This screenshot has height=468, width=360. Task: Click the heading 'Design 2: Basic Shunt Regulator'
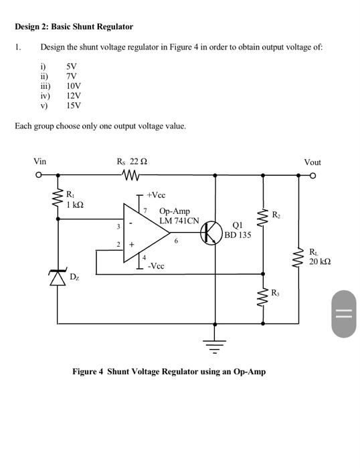[x=74, y=27]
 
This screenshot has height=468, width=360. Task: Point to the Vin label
[x=40, y=162]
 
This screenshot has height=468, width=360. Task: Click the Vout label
[x=312, y=162]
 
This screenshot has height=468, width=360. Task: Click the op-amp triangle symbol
[x=144, y=231]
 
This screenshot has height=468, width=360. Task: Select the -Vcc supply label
[x=156, y=265]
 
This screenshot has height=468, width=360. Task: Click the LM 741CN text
[x=179, y=221]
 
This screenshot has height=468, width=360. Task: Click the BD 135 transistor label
[x=238, y=235]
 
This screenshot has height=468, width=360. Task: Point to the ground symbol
[x=215, y=344]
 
